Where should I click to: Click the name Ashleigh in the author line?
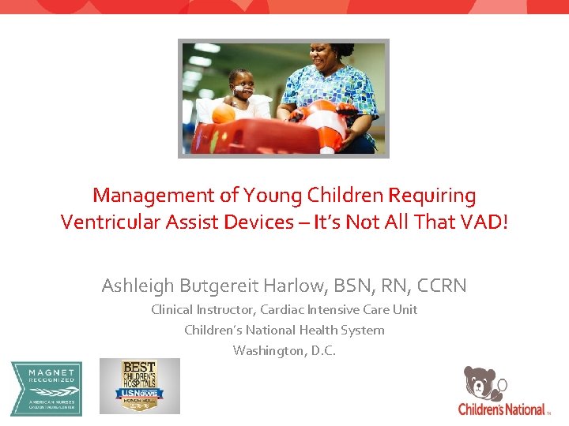139,285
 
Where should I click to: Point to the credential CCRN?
440,285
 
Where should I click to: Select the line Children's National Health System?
284,330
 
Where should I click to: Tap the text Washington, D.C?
284,350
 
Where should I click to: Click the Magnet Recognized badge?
45,387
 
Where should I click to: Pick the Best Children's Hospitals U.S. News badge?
139,386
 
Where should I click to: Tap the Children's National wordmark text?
501,409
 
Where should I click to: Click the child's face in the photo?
240,82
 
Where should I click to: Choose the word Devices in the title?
258,222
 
